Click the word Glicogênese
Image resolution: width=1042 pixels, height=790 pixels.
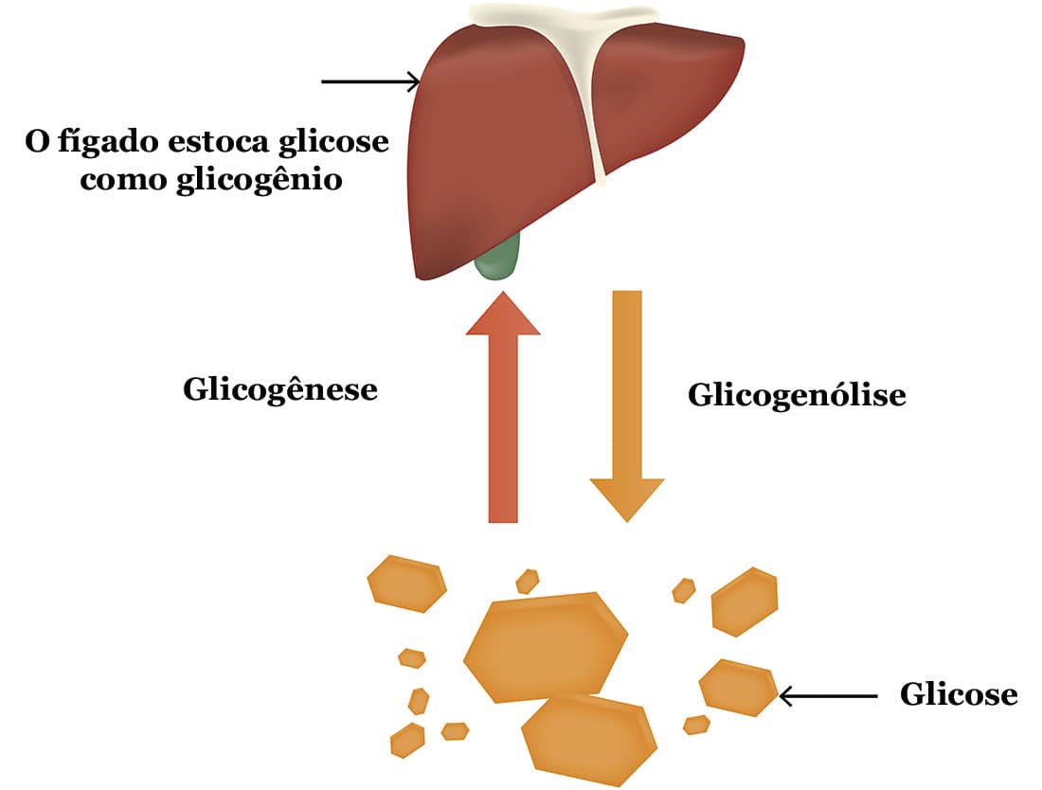(279, 389)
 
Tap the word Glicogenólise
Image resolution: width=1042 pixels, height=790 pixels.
(797, 394)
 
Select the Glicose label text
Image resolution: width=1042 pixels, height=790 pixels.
(958, 695)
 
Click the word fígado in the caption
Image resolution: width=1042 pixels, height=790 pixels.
(100, 143)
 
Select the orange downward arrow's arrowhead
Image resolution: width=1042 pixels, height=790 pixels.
(627, 498)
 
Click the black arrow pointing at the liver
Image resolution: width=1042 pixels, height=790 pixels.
(369, 81)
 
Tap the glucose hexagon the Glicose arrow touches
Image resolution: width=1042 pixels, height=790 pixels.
(738, 686)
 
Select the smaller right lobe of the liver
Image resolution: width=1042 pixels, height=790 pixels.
(663, 95)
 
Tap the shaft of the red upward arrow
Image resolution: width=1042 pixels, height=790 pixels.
(503, 426)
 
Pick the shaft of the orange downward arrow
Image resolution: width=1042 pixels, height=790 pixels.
(627, 379)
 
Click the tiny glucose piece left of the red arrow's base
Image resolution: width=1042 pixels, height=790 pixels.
(527, 580)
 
